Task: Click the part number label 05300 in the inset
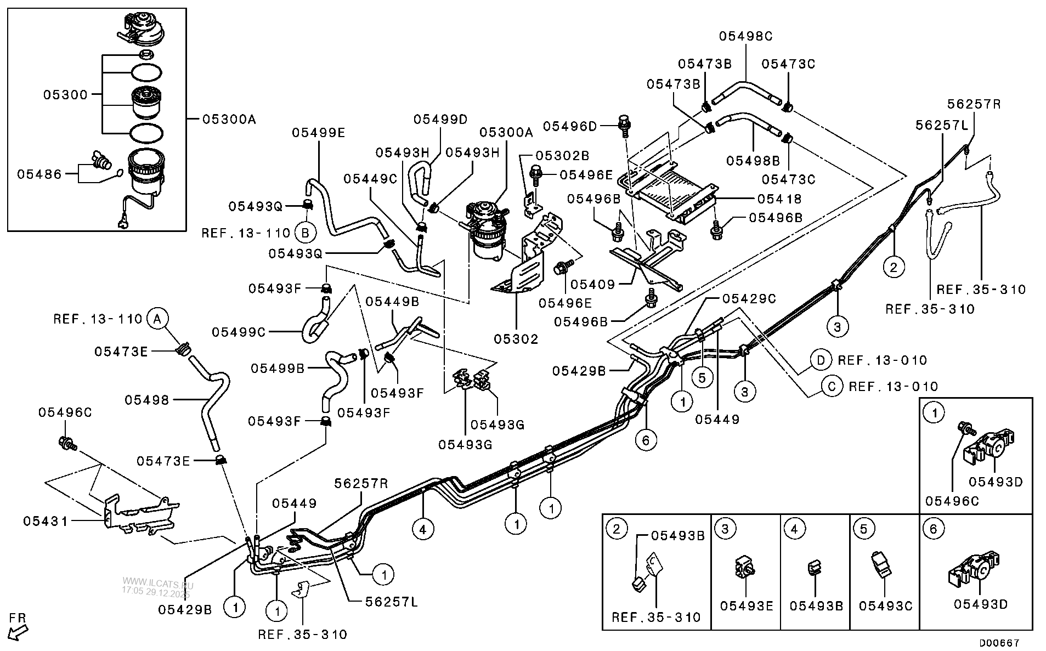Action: (65, 95)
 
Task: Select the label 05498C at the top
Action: (746, 36)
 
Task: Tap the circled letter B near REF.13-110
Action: (306, 233)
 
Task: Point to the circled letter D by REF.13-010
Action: (821, 360)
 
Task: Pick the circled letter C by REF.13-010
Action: (832, 387)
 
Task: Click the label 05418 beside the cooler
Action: (779, 199)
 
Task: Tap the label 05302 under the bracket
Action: (516, 339)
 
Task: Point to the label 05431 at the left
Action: (46, 521)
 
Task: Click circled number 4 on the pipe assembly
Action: (422, 529)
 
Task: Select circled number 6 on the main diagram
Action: (646, 440)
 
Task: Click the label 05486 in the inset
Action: (39, 174)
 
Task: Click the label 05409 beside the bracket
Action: (592, 285)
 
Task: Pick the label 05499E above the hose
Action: (319, 132)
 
